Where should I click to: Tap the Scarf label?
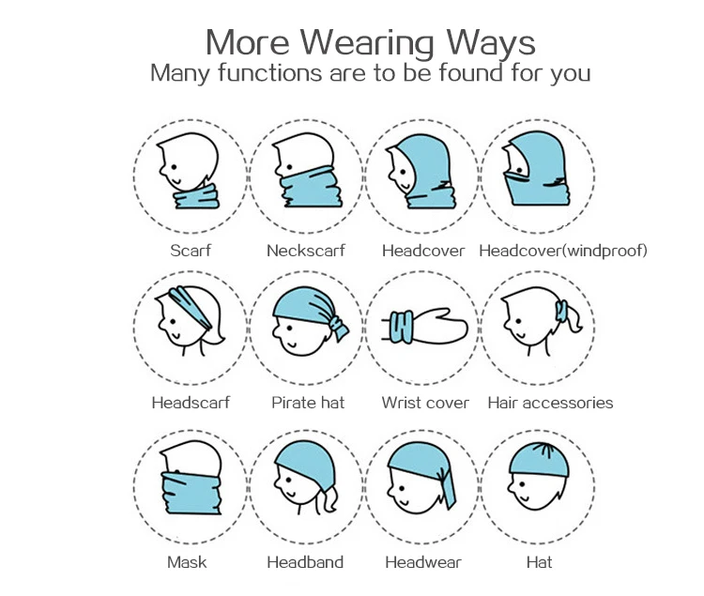(191, 251)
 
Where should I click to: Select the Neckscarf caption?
(306, 251)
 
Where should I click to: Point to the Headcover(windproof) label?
(563, 251)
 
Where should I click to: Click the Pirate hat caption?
(308, 403)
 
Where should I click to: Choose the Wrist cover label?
(425, 403)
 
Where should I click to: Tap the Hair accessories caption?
(550, 403)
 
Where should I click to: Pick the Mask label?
(187, 562)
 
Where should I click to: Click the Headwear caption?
(422, 562)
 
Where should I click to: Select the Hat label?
(540, 562)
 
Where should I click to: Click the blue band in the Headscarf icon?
(189, 304)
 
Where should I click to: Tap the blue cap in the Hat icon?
(540, 459)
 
